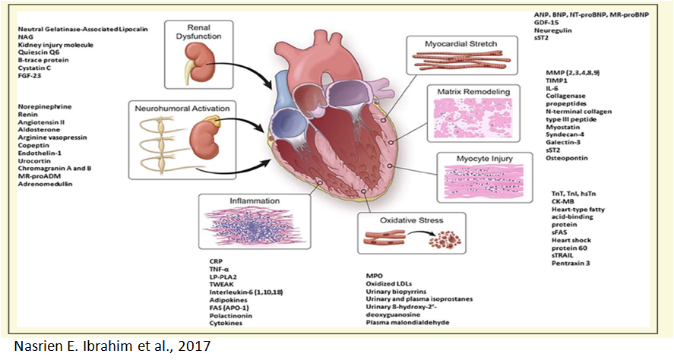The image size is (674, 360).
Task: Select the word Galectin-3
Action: coord(558,141)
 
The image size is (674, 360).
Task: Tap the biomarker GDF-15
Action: coord(551,24)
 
